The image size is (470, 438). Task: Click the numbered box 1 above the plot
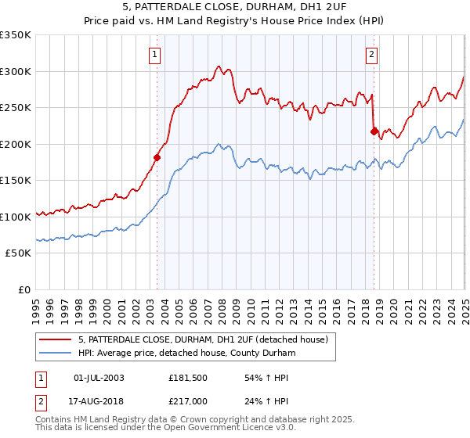[x=156, y=55]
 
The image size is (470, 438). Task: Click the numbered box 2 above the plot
[x=371, y=55]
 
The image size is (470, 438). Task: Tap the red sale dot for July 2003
[x=157, y=157]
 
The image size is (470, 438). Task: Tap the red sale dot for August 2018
[x=374, y=131]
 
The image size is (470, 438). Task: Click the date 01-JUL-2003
[x=99, y=378]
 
